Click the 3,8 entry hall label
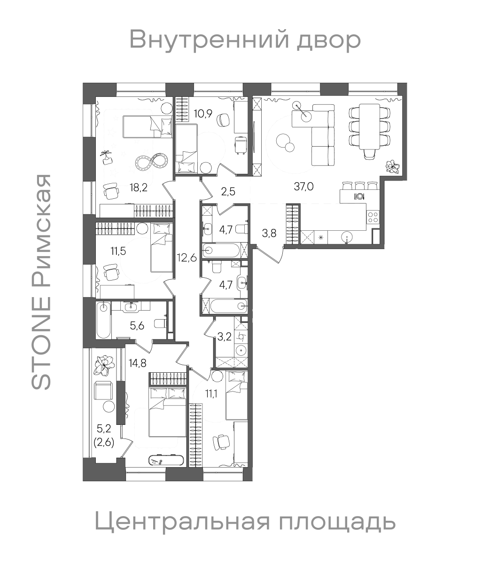tap(269, 232)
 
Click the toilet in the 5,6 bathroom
tap(160, 323)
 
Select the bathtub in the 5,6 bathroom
tap(103, 320)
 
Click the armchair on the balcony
tap(103, 390)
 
